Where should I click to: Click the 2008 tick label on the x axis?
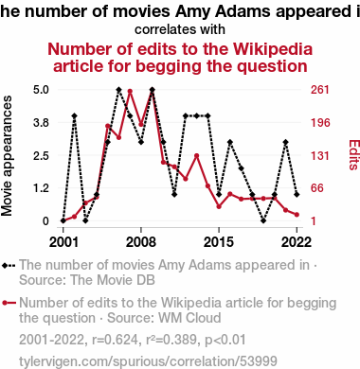[141, 242]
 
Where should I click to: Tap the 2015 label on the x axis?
[219, 242]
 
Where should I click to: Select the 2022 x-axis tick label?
[297, 242]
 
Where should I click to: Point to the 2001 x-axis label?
[63, 242]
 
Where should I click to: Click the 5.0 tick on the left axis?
[41, 90]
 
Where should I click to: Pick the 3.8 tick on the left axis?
[41, 122]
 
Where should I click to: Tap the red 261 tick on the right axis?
[320, 90]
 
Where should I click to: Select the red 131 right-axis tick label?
[320, 155]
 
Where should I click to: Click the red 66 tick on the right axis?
[317, 188]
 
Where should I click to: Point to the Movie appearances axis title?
[7, 156]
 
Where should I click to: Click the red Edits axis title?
[354, 155]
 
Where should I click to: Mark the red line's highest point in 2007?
[130, 92]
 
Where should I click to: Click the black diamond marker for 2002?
[74, 115]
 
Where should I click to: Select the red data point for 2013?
[196, 156]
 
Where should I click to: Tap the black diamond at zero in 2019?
[263, 220]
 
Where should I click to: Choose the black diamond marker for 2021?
[285, 142]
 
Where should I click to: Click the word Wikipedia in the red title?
[273, 49]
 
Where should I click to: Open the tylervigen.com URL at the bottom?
[148, 361]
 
